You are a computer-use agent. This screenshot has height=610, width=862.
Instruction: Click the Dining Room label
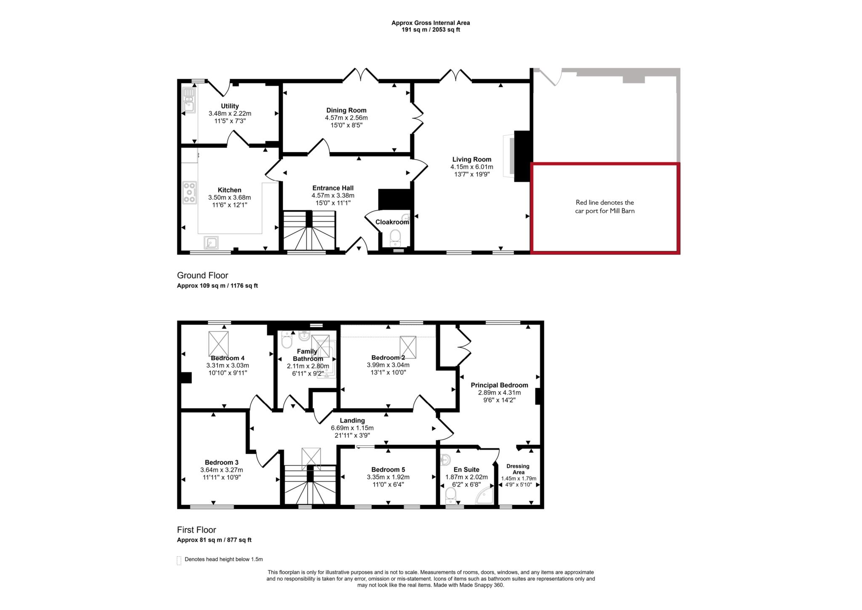click(346, 110)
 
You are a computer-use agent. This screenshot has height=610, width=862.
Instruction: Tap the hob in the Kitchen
click(189, 193)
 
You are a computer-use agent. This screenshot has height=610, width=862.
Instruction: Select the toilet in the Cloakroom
click(395, 237)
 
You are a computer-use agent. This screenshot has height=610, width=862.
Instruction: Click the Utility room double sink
click(189, 100)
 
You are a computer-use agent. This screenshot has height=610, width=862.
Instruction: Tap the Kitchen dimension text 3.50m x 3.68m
click(229, 198)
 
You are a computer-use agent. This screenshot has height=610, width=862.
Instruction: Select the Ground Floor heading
click(202, 276)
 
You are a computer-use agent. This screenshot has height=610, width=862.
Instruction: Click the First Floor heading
click(196, 530)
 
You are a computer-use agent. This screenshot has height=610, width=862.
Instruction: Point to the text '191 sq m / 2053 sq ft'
click(431, 30)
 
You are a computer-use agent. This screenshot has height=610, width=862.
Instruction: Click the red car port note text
click(604, 207)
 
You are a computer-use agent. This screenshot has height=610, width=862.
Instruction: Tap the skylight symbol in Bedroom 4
click(218, 344)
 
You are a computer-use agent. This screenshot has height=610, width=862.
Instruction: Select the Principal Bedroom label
click(499, 385)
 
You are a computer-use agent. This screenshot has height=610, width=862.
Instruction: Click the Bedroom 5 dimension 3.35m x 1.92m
click(388, 477)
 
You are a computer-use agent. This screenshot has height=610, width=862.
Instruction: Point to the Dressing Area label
click(518, 469)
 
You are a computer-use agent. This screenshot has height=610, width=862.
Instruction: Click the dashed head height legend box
click(179, 560)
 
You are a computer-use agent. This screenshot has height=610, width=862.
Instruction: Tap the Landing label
click(352, 420)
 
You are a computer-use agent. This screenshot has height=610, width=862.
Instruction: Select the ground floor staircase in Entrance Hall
click(309, 231)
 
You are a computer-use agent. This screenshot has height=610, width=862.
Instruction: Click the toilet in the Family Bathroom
click(287, 341)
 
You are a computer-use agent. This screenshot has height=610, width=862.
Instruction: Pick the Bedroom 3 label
click(221, 463)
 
